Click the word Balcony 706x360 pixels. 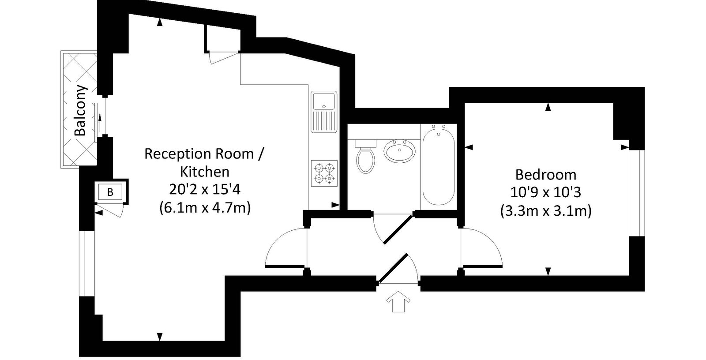click(80, 110)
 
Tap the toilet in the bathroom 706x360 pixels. click(365, 157)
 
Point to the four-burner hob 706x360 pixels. click(324, 173)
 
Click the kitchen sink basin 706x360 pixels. click(324, 101)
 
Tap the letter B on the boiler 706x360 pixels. click(110, 192)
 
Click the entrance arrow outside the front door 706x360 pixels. click(398, 301)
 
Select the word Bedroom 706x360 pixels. click(545, 174)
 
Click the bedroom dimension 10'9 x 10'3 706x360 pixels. click(545, 192)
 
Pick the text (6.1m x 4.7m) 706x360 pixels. click(205, 208)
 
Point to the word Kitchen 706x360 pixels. click(205, 172)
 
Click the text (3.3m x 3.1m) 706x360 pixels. click(545, 211)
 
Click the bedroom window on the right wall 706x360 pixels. click(637, 193)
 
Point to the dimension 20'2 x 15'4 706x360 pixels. click(205, 189)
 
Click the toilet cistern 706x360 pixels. click(366, 144)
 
